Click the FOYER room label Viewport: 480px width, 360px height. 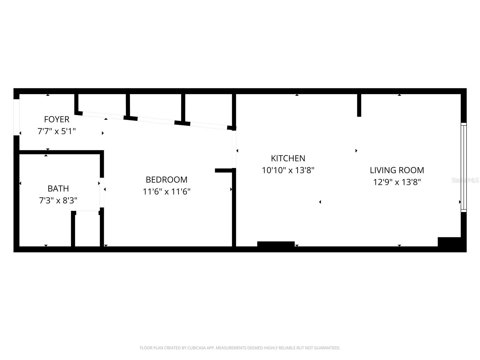pyautogui.click(x=56, y=119)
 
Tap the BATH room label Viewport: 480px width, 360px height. pyautogui.click(x=58, y=188)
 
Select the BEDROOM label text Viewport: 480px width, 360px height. pyautogui.click(x=166, y=179)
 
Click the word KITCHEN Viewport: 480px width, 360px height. pyautogui.click(x=288, y=158)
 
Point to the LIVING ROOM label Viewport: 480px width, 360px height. pyautogui.click(x=397, y=170)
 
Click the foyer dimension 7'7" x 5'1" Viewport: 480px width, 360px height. pyautogui.click(x=56, y=131)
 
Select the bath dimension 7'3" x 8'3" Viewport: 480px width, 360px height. pyautogui.click(x=58, y=200)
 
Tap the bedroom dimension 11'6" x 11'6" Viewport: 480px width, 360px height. pyautogui.click(x=166, y=191)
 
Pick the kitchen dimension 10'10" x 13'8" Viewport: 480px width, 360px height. pyautogui.click(x=288, y=170)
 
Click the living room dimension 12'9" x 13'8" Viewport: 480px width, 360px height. pyautogui.click(x=397, y=182)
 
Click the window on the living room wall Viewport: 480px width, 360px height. pyautogui.click(x=463, y=167)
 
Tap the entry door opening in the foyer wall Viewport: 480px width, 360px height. pyautogui.click(x=16, y=117)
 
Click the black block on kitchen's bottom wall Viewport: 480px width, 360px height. pyautogui.click(x=276, y=244)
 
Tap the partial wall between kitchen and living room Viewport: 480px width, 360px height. pyautogui.click(x=359, y=105)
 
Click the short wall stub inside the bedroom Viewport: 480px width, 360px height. pyautogui.click(x=223, y=170)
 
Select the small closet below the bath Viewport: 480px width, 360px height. pyautogui.click(x=87, y=229)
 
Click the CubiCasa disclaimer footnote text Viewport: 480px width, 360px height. pyautogui.click(x=240, y=348)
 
